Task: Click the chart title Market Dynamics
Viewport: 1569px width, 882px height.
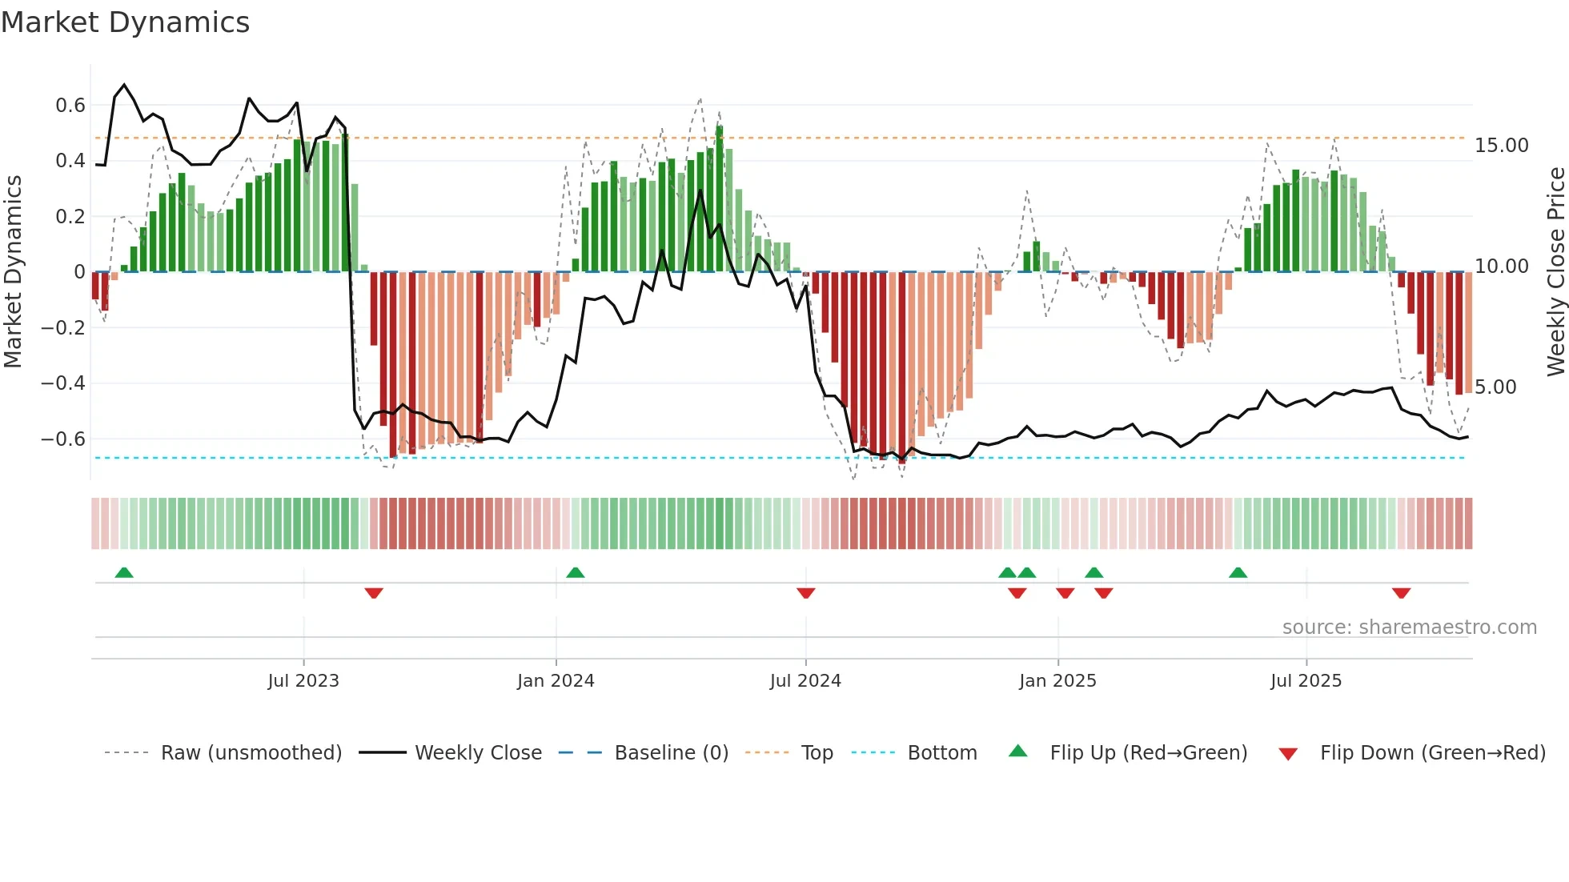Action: pos(125,22)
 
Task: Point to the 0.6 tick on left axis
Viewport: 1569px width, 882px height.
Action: pos(70,106)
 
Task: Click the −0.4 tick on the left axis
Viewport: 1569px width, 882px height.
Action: pos(63,383)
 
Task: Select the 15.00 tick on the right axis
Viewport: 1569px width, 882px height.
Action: pos(1502,146)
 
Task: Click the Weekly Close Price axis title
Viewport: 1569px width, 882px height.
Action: pos(1555,272)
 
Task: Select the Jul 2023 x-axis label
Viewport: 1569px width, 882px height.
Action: pos(303,681)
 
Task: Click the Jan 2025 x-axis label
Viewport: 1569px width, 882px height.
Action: pos(1057,681)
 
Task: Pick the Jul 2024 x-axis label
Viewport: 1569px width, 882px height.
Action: pos(805,681)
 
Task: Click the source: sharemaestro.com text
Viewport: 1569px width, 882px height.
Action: pos(1409,627)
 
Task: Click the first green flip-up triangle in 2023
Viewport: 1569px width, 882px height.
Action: pos(124,573)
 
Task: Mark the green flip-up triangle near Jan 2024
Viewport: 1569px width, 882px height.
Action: pos(575,573)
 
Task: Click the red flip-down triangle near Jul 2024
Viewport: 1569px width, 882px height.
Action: pos(806,593)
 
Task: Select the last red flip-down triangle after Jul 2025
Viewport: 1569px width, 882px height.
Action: pos(1401,593)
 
